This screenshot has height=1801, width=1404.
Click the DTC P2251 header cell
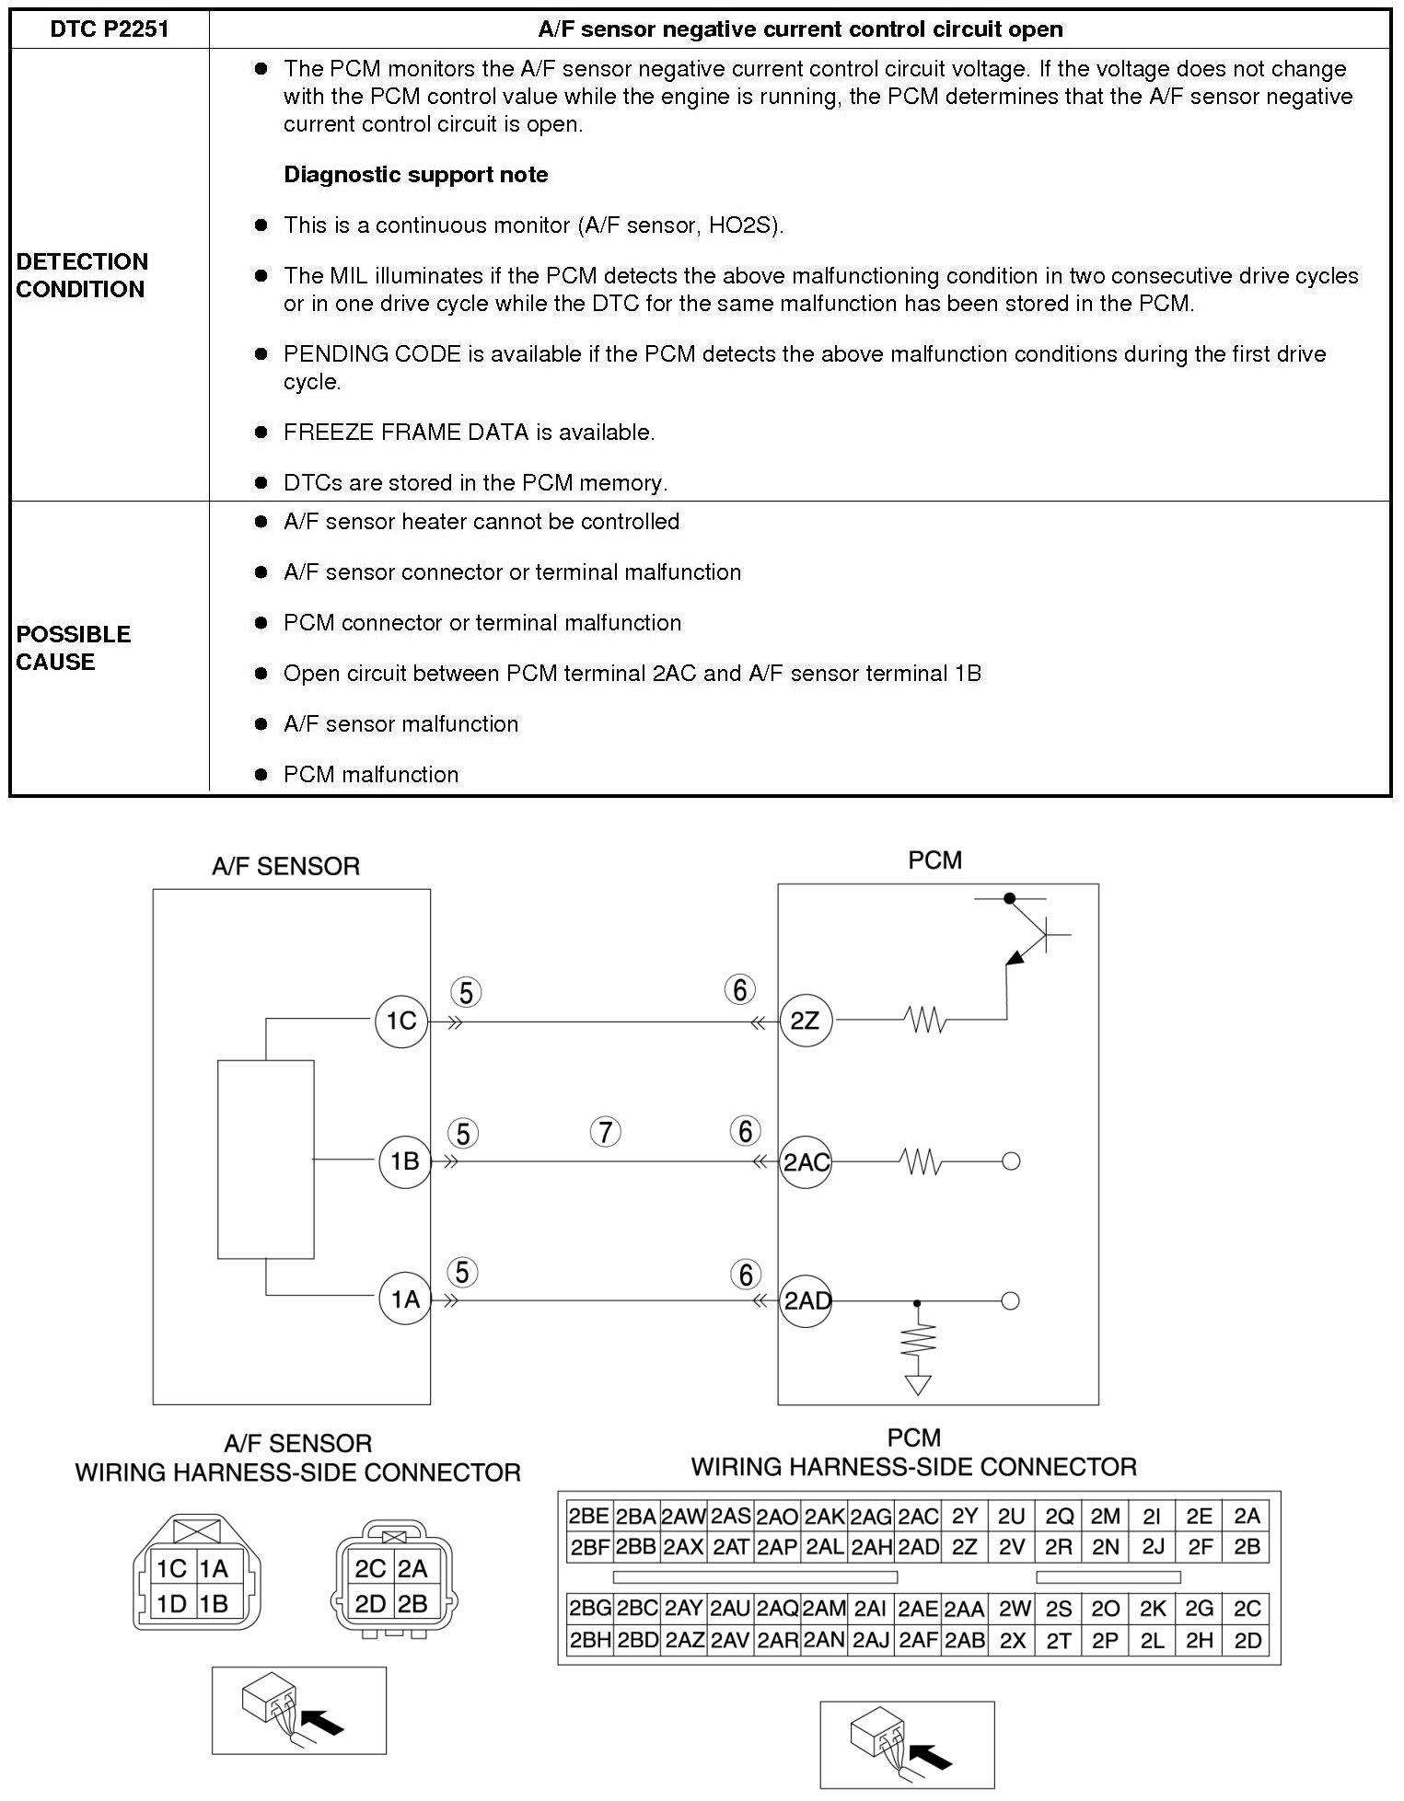coord(110,29)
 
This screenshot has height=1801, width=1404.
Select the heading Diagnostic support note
coord(415,175)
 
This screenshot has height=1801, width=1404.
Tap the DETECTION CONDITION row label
coord(82,275)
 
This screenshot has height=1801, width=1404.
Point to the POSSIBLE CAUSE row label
coord(74,648)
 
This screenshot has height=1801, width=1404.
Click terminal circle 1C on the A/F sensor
coord(401,1021)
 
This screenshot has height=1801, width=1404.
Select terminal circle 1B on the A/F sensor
coord(404,1161)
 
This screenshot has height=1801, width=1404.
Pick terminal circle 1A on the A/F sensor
coord(404,1299)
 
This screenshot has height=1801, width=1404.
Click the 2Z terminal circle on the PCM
coord(805,1021)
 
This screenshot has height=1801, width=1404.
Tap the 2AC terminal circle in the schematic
coord(806,1161)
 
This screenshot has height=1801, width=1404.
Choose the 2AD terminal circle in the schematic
coord(806,1300)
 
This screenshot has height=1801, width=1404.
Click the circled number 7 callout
coord(605,1132)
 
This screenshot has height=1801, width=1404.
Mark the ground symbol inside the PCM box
coord(917,1384)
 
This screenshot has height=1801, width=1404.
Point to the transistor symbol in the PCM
coord(1031,937)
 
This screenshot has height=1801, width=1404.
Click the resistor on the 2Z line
coord(924,1020)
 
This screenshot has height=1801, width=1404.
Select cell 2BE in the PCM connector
coord(588,1516)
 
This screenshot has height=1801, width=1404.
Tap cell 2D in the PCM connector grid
coord(1247,1640)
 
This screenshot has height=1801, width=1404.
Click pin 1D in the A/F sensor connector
coord(171,1604)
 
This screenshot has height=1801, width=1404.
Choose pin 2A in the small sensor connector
coord(412,1568)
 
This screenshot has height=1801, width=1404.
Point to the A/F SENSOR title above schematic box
coord(285,866)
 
